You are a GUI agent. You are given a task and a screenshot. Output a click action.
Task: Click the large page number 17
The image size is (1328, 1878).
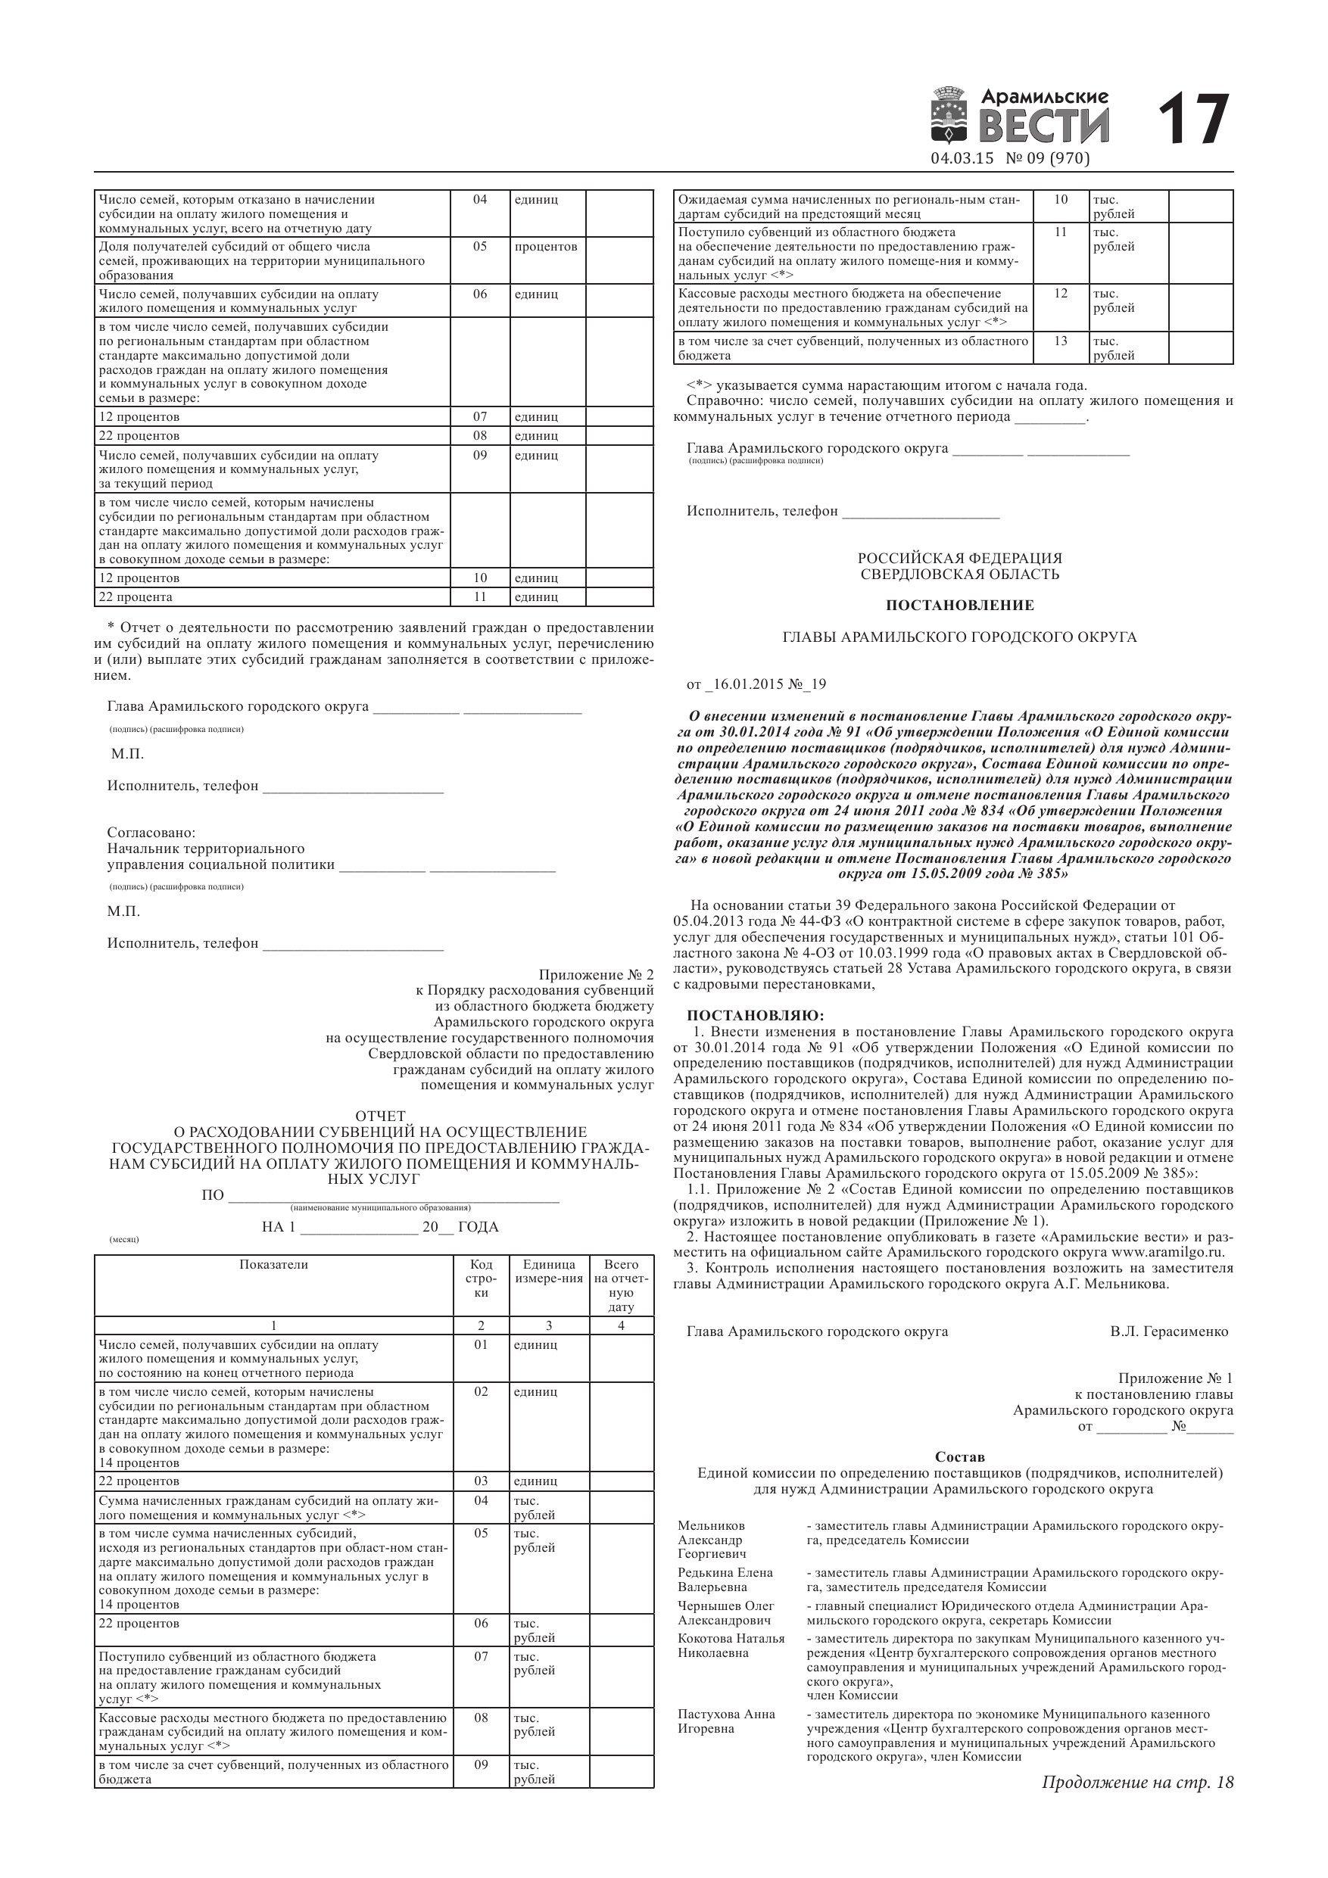pyautogui.click(x=1193, y=120)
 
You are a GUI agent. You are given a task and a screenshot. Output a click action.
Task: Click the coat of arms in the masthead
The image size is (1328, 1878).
pyautogui.click(x=949, y=115)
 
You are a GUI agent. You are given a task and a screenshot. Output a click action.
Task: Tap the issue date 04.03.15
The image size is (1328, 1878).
pyautogui.click(x=962, y=159)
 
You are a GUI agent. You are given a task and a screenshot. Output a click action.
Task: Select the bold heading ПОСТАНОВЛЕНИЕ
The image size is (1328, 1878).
pyautogui.click(x=960, y=606)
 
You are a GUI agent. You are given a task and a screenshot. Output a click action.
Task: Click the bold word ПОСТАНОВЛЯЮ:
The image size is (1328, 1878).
pyautogui.click(x=755, y=1016)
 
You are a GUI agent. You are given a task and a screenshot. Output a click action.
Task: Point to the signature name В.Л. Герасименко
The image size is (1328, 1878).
pyautogui.click(x=1169, y=1331)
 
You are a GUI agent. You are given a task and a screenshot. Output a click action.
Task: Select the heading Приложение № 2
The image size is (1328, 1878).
pyautogui.click(x=597, y=975)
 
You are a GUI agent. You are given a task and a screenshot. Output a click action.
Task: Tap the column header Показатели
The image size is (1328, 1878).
pyautogui.click(x=273, y=1265)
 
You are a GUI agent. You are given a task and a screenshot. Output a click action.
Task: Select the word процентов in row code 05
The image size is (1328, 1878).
pyautogui.click(x=546, y=246)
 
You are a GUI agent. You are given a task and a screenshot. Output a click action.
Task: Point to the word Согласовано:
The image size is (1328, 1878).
pyautogui.click(x=151, y=833)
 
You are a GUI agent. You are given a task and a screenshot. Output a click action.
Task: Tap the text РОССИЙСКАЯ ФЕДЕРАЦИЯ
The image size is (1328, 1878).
pyautogui.click(x=960, y=558)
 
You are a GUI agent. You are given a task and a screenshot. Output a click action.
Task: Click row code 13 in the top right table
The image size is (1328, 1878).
pyautogui.click(x=1061, y=341)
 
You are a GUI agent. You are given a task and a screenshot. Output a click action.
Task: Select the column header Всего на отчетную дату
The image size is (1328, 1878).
pyautogui.click(x=621, y=1285)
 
